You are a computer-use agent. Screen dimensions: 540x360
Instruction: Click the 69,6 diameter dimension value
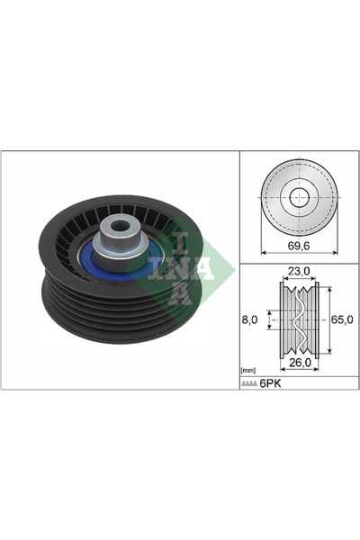pos(298,244)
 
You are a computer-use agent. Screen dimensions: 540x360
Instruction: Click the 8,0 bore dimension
pos(253,318)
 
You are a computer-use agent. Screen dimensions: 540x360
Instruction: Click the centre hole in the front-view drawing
pos(298,197)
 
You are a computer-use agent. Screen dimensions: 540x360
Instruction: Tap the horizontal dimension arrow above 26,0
pos(298,353)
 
